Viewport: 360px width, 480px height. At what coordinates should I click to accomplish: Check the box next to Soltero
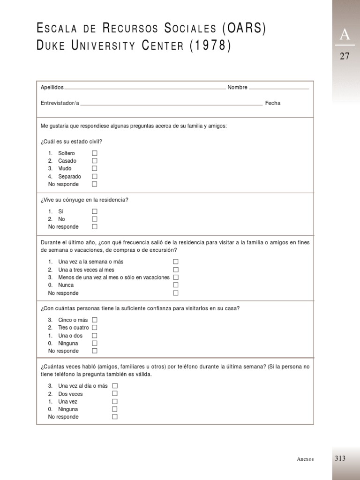[x=95, y=153]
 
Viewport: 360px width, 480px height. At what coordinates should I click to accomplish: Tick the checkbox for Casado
[x=95, y=161]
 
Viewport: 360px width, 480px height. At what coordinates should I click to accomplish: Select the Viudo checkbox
[x=95, y=168]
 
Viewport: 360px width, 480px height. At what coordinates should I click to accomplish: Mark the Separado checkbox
[x=95, y=177]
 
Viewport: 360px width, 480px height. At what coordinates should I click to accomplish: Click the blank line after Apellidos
[x=145, y=88]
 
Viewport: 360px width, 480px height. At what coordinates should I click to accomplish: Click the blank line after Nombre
[x=279, y=88]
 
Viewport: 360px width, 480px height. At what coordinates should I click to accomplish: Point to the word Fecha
[x=273, y=103]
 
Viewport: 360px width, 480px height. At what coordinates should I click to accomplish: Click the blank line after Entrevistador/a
[x=172, y=105]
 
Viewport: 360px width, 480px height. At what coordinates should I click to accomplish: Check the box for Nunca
[x=176, y=285]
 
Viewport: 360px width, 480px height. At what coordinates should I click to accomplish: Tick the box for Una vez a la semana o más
[x=176, y=262]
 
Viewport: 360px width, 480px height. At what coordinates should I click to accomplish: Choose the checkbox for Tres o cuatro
[x=95, y=328]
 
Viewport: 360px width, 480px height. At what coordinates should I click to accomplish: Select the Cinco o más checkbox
[x=95, y=320]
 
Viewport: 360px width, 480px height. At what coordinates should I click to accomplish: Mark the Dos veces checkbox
[x=115, y=394]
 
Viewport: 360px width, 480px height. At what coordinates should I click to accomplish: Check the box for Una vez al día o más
[x=115, y=386]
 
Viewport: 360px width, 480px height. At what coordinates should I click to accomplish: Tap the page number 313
[x=340, y=458]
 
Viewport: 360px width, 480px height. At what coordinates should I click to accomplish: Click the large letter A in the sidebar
[x=345, y=35]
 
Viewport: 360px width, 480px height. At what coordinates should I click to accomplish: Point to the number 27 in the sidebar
[x=345, y=56]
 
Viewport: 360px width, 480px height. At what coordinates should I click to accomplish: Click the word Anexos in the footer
[x=305, y=459]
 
